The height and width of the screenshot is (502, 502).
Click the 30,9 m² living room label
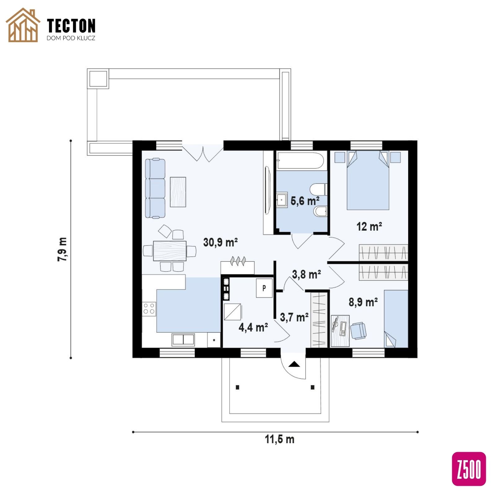[220, 242]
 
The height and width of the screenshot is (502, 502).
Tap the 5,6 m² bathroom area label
[305, 201]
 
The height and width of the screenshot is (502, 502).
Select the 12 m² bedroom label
[369, 227]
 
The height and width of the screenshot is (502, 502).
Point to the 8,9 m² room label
[363, 302]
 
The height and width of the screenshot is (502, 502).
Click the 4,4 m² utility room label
[253, 327]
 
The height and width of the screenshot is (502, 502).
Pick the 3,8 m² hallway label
[306, 274]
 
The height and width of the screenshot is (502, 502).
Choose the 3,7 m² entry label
[294, 317]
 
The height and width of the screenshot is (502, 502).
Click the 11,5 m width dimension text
[280, 439]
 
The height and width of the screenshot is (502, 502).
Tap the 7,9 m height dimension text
[62, 249]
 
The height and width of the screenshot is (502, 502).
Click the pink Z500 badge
[469, 469]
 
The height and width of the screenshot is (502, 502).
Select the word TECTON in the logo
[72, 26]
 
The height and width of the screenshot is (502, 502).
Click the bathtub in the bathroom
[300, 161]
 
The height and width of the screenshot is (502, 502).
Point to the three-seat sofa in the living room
[155, 188]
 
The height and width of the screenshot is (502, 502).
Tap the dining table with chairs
[170, 251]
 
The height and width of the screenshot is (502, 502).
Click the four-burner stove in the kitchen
[149, 309]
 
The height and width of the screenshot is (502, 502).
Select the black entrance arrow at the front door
[294, 364]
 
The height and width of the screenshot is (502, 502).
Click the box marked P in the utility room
[264, 288]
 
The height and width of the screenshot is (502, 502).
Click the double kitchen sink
[183, 340]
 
